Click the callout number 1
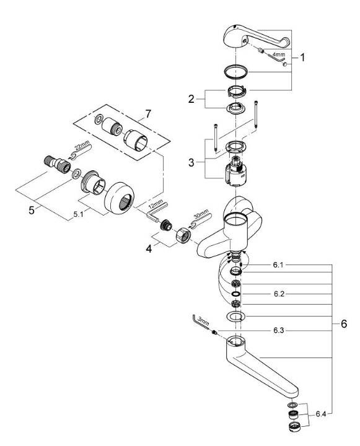pos(302,58)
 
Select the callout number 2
pos(191,99)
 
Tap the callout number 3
pos(191,163)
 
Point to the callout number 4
pos(149,249)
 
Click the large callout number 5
pos(32,211)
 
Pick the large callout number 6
pos(344,324)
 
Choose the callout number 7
pos(148,115)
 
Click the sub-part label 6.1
pos(278,265)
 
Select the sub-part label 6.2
pos(279,294)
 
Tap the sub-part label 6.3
pos(279,330)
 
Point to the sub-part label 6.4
pos(321,414)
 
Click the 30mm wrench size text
pos(201,214)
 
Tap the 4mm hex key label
pos(279,54)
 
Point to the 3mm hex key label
pos(203,321)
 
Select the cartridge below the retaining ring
pos(235,172)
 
